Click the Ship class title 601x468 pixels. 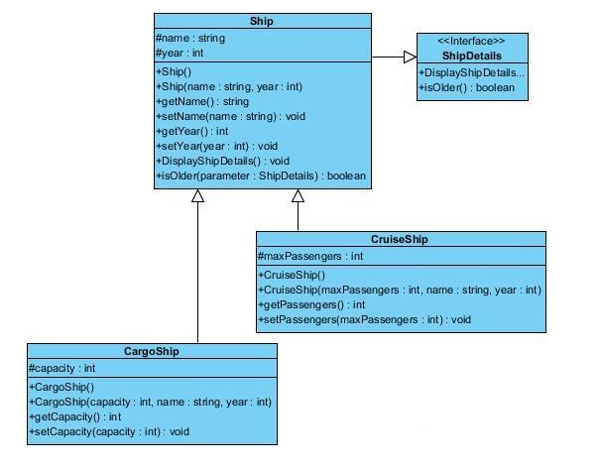(263, 21)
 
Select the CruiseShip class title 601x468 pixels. (401, 239)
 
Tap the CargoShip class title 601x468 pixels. (152, 352)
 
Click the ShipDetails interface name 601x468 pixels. (472, 56)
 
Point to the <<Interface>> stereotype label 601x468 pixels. (472, 41)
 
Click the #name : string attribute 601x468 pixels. (191, 38)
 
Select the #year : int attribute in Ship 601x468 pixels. (180, 53)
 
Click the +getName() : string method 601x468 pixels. (202, 101)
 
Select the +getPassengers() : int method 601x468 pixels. (313, 305)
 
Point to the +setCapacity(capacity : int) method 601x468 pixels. (109, 432)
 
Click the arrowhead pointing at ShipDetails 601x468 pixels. (409, 58)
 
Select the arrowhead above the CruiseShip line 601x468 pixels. (297, 196)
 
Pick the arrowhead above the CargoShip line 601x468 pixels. (197, 196)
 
